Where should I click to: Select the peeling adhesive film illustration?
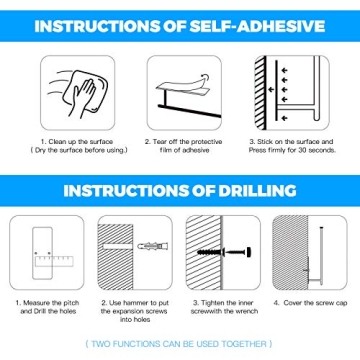click(181, 89)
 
